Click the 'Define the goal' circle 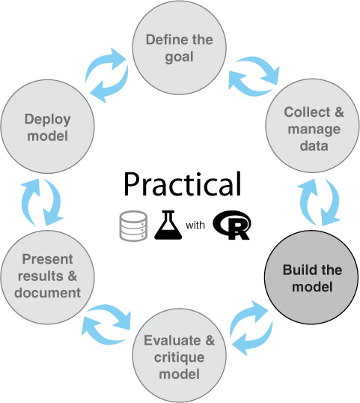(x=179, y=48)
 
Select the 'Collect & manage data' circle (x=313, y=126)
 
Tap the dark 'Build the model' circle (x=311, y=277)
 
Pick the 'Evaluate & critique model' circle (x=179, y=356)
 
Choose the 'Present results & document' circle (x=47, y=277)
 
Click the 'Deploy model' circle (x=47, y=127)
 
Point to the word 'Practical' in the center (x=183, y=184)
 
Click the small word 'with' (x=195, y=225)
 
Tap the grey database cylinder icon (x=133, y=226)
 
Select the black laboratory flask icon (x=168, y=225)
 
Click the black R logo (x=231, y=225)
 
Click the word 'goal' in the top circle (x=179, y=58)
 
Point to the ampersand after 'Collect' (x=339, y=112)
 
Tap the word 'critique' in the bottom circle (x=179, y=357)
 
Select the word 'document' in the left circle (x=47, y=293)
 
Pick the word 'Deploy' (x=47, y=120)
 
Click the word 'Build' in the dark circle (x=298, y=270)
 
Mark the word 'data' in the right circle (x=314, y=146)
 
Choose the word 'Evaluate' (x=172, y=341)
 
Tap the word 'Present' (x=47, y=259)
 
